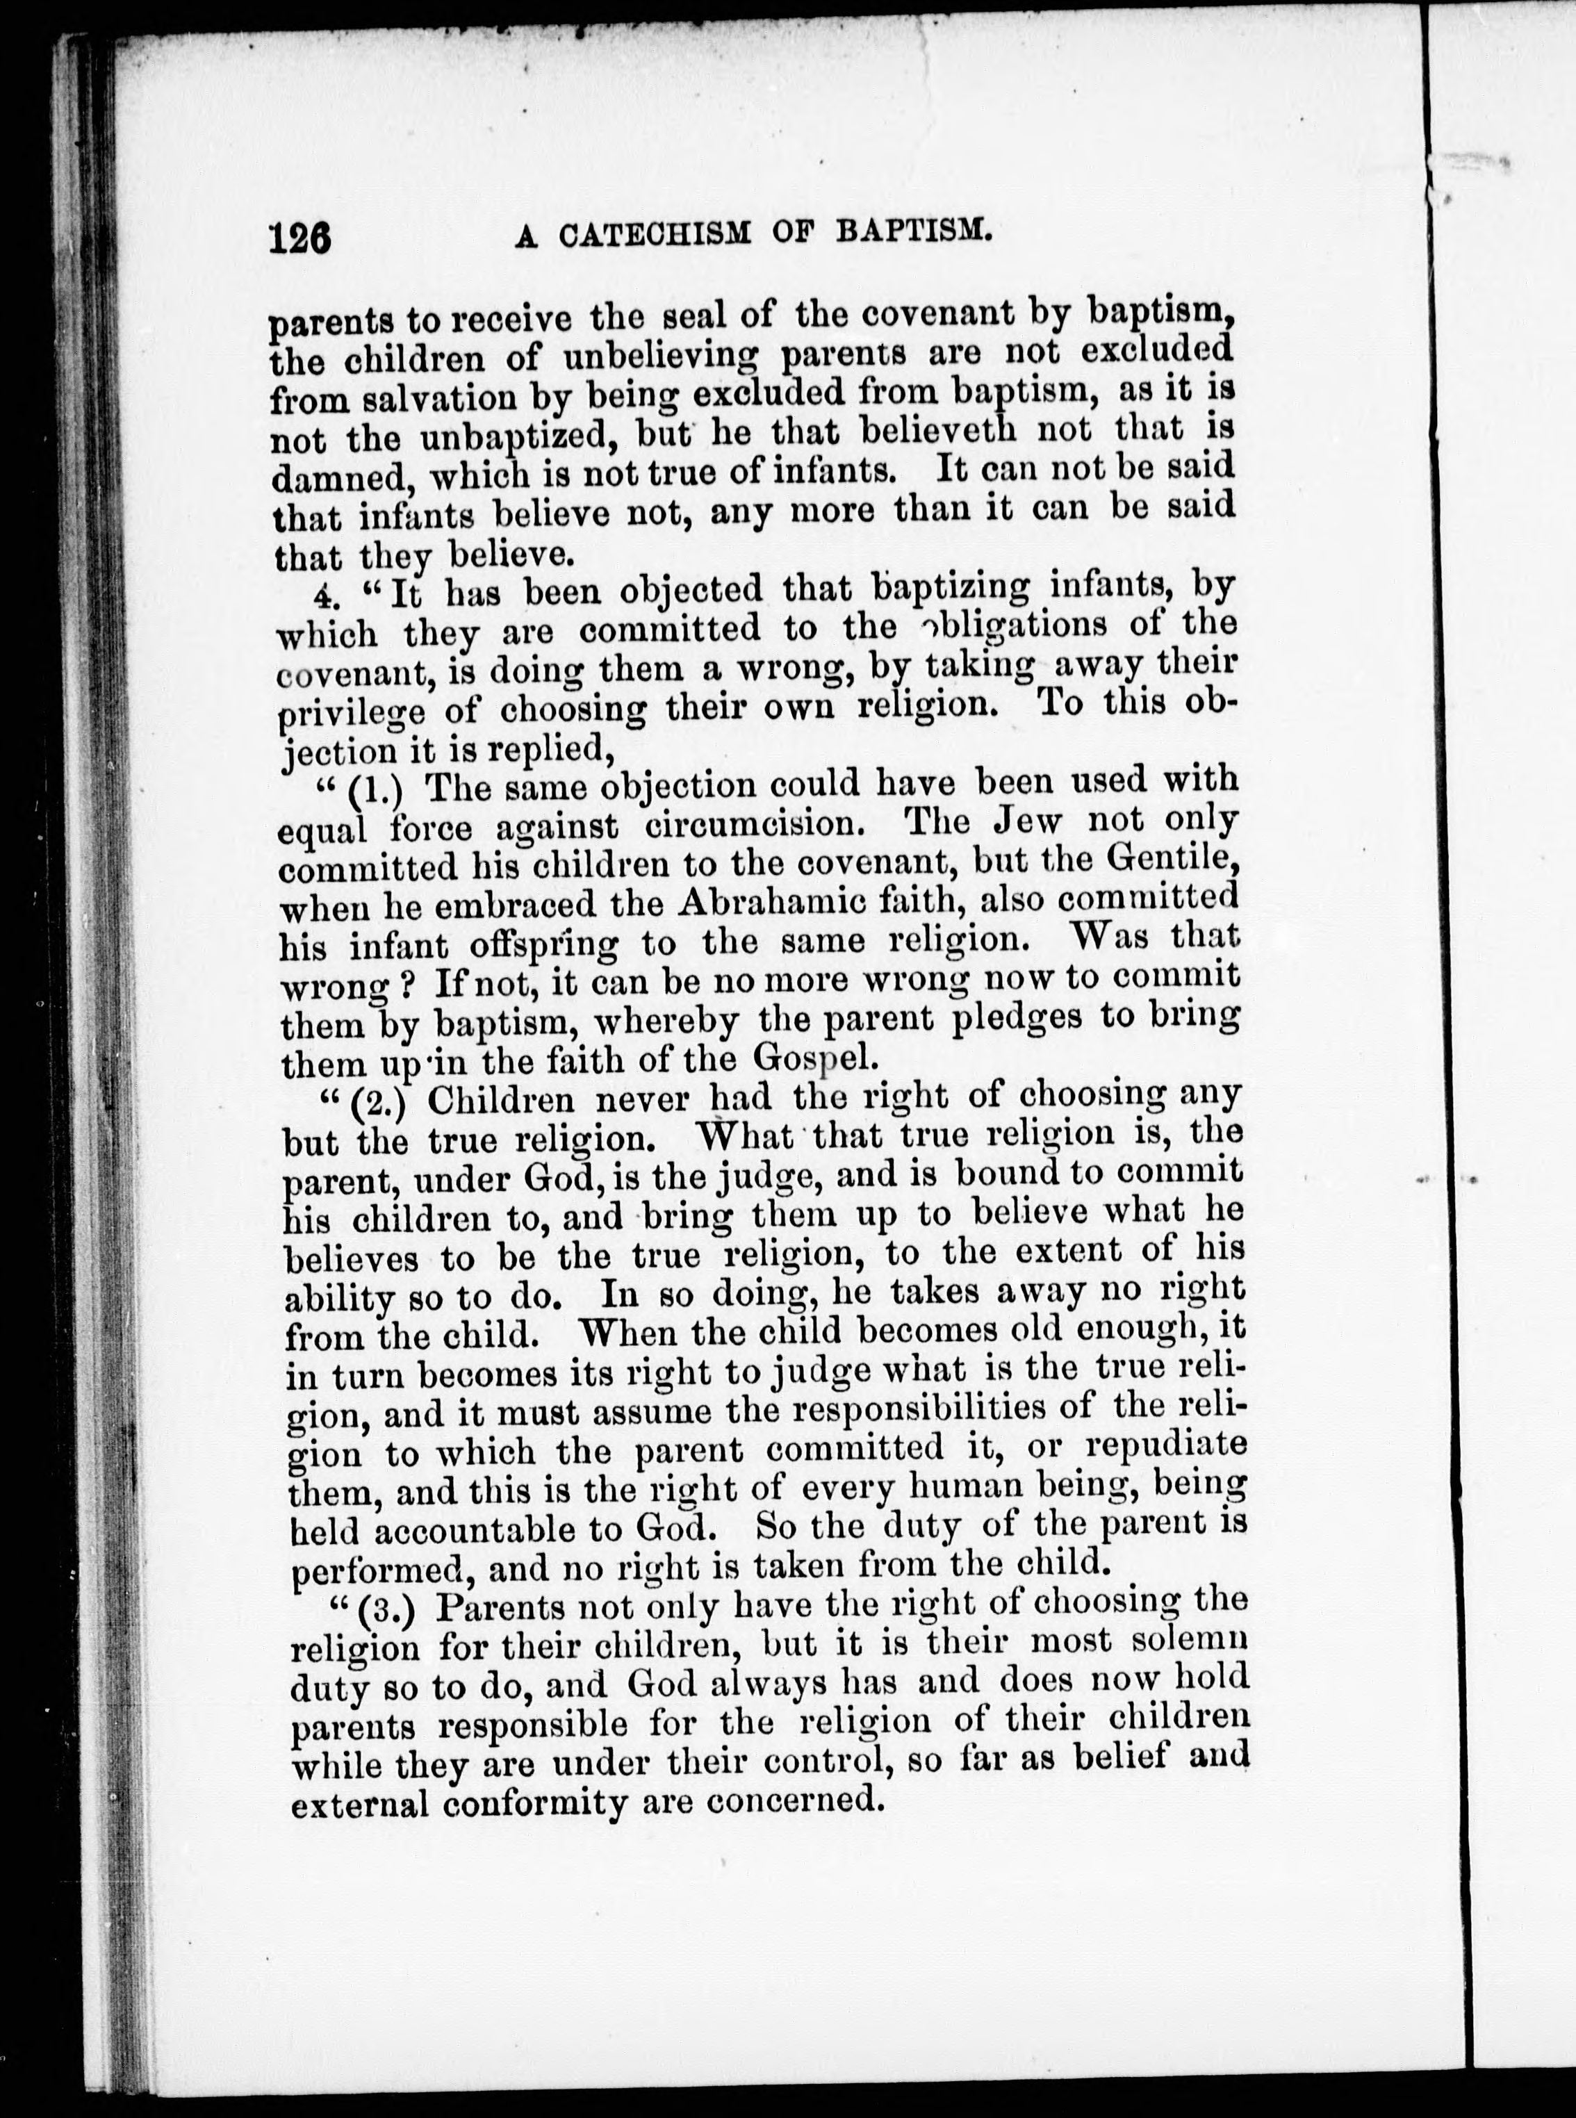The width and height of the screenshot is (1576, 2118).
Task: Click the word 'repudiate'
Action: (x=1166, y=1445)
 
